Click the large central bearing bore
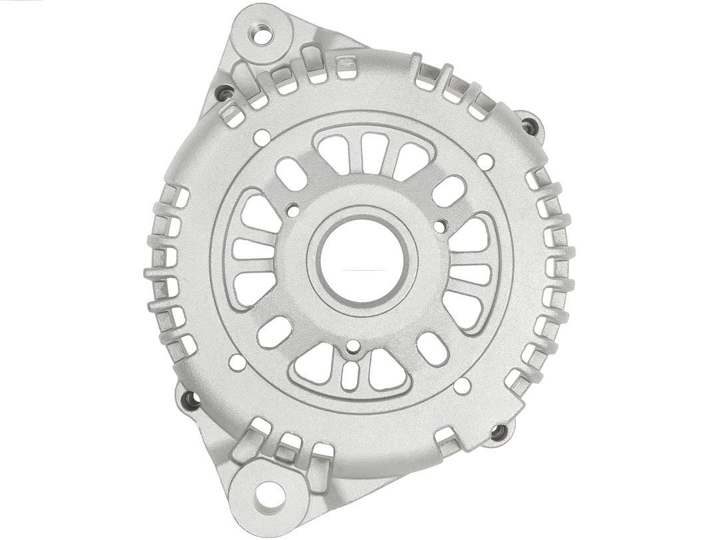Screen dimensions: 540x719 (363, 259)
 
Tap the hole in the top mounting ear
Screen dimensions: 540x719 (263, 33)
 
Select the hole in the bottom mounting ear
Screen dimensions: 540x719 (269, 495)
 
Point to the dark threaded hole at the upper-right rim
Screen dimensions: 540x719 (529, 126)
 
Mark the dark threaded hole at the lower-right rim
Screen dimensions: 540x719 (498, 431)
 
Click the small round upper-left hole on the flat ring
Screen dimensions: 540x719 (262, 137)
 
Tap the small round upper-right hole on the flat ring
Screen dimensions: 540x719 (485, 161)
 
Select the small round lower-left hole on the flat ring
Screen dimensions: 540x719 (237, 362)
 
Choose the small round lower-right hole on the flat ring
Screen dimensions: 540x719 (462, 385)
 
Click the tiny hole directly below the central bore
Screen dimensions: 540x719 (354, 345)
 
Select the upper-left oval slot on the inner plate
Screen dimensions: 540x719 (291, 173)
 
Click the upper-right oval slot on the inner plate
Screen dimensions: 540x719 (449, 191)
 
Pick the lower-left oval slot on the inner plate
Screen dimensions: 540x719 (274, 331)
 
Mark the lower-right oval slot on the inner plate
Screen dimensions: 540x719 (432, 349)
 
